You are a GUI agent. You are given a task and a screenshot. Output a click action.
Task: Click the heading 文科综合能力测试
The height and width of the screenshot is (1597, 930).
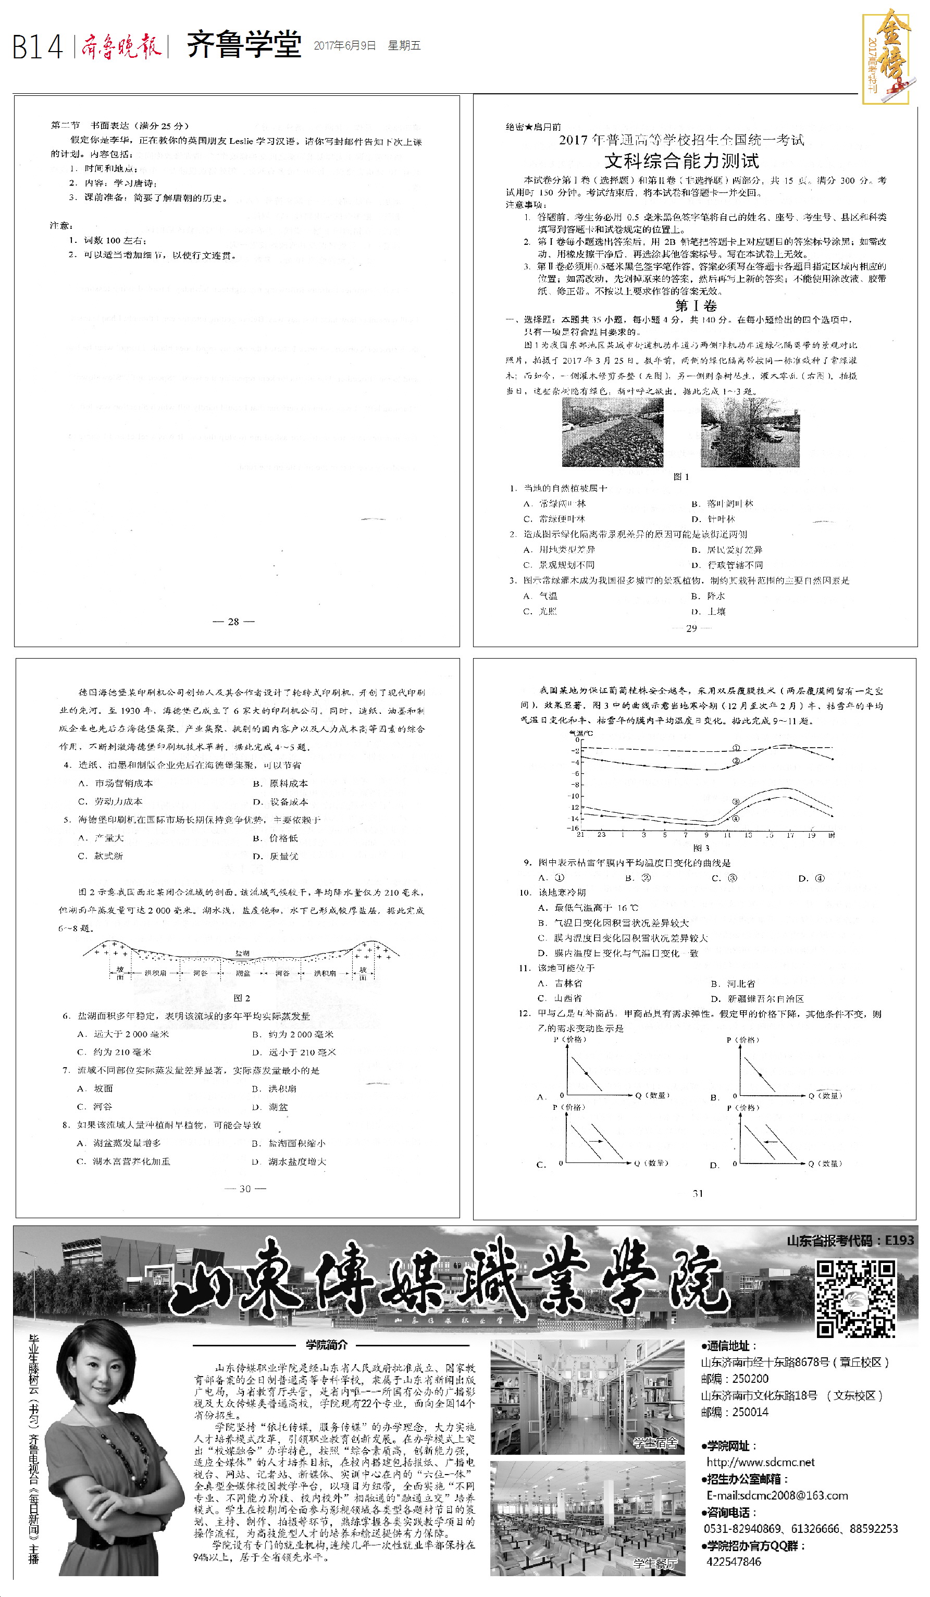[681, 160]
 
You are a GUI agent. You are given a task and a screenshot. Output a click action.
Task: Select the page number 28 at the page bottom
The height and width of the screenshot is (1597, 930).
[233, 622]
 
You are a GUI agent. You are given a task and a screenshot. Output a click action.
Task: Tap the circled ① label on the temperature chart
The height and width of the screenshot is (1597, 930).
[736, 748]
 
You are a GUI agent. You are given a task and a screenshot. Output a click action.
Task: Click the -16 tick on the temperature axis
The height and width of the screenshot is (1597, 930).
[573, 827]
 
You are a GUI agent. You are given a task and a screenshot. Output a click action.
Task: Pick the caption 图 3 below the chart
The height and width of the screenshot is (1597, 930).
[701, 847]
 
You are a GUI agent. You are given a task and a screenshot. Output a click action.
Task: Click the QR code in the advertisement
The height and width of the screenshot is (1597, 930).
[855, 1298]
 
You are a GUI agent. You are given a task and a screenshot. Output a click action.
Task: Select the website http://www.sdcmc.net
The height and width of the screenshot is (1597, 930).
[760, 1462]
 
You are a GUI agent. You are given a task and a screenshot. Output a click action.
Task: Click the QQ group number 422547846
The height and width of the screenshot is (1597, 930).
[734, 1562]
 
